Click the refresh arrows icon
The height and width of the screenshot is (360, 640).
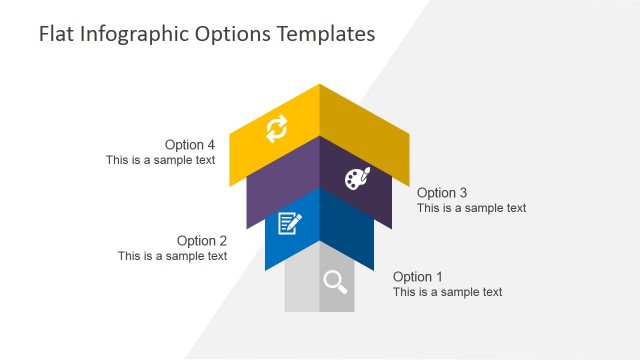tap(276, 128)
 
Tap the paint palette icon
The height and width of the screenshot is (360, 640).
tap(357, 177)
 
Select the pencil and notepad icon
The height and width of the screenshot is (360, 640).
tap(289, 223)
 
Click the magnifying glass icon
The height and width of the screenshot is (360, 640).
tap(335, 282)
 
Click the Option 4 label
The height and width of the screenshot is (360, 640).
tap(190, 144)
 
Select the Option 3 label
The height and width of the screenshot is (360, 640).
tap(442, 192)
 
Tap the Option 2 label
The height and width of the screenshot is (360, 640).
tap(202, 240)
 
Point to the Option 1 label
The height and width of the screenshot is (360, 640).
tap(418, 276)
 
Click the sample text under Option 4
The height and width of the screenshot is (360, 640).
tap(161, 160)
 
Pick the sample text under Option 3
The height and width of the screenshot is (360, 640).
tap(471, 208)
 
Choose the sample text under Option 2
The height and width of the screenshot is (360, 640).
tap(172, 256)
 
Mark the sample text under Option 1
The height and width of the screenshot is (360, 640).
tap(447, 292)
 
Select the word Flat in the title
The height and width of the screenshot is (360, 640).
tap(56, 34)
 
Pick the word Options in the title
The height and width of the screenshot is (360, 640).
tap(234, 34)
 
